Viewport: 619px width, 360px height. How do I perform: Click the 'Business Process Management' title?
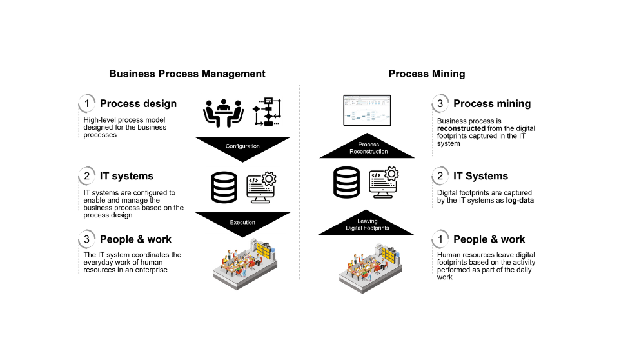(187, 74)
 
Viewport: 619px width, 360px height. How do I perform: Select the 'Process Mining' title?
(426, 74)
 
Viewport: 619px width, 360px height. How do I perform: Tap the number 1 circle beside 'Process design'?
(86, 103)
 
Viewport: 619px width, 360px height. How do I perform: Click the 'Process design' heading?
(138, 103)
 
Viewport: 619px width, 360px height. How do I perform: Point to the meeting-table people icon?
(223, 114)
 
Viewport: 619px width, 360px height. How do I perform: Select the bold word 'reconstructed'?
(461, 128)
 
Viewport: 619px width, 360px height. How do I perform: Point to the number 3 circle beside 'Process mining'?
(440, 103)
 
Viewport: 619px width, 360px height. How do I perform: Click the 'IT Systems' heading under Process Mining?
(480, 176)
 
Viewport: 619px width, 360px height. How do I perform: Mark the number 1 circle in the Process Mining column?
(440, 239)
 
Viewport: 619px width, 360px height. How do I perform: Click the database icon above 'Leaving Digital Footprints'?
(346, 183)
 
